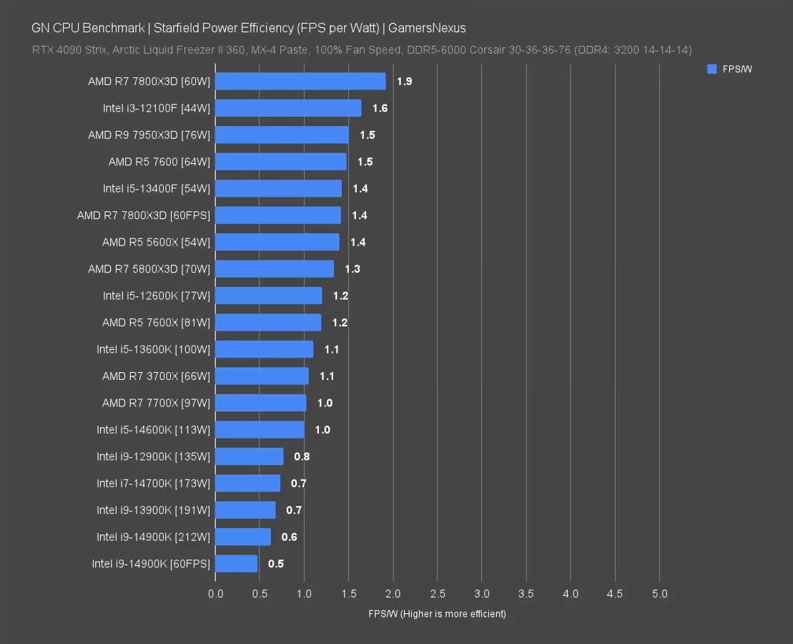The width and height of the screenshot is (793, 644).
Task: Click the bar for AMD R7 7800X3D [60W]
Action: [300, 82]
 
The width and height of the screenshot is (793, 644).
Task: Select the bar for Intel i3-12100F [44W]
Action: [288, 108]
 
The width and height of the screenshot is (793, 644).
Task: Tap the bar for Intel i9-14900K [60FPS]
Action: [236, 564]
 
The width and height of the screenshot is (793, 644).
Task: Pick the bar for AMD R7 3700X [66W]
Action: [262, 376]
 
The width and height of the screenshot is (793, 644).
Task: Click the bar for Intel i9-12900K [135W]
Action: [249, 457]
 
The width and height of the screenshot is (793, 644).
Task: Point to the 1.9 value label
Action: [404, 82]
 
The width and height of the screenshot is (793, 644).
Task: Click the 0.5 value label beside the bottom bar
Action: [276, 564]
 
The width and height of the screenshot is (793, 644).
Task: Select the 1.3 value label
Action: [352, 269]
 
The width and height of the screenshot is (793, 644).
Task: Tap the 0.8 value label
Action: [302, 457]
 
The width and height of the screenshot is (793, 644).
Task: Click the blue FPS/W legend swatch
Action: [711, 69]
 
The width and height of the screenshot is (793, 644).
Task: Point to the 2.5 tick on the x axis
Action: [438, 595]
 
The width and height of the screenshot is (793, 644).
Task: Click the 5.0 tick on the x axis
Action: [659, 595]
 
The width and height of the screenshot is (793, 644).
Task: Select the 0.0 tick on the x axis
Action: [215, 595]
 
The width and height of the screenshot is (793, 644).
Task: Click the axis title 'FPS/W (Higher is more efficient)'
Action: [437, 614]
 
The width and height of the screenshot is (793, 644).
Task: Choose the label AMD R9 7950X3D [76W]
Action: [149, 135]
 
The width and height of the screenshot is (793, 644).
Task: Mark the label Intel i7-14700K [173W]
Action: [153, 484]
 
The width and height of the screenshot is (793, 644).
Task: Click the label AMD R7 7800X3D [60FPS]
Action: [143, 215]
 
